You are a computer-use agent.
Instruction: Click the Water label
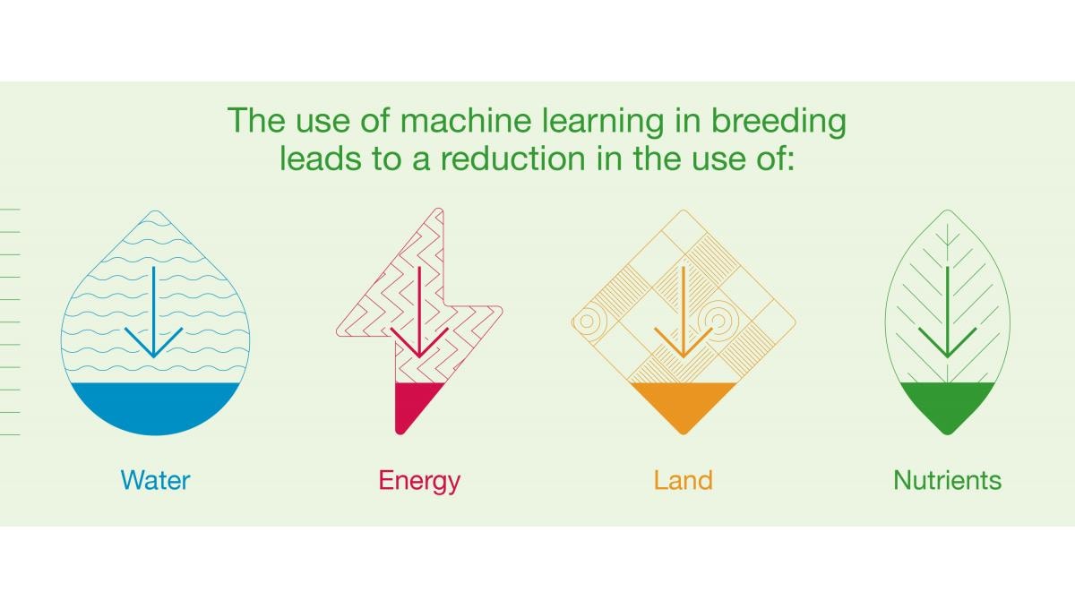click(156, 480)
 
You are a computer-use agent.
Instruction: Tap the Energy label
click(419, 481)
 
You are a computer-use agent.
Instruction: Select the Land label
click(684, 480)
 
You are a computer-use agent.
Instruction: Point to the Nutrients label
click(948, 480)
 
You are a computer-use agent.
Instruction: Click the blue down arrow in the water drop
click(153, 312)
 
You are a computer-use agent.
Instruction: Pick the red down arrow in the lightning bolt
click(419, 312)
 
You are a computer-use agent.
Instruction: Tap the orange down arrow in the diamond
click(684, 312)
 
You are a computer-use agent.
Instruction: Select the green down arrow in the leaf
click(948, 312)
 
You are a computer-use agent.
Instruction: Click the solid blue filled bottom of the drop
click(155, 407)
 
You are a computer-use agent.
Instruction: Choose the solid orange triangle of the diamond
click(684, 404)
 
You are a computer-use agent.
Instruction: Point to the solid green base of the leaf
click(948, 404)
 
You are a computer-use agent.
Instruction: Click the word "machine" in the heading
click(466, 120)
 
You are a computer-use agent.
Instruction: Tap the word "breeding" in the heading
click(778, 123)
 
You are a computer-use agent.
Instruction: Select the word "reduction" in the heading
click(513, 159)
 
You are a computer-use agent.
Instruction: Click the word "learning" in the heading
click(603, 123)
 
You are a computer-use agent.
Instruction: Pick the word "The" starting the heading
click(256, 120)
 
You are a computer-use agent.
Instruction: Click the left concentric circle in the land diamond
click(587, 321)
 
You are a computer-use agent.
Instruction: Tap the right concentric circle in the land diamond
click(718, 321)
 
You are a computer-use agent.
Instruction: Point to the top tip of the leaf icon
click(948, 210)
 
